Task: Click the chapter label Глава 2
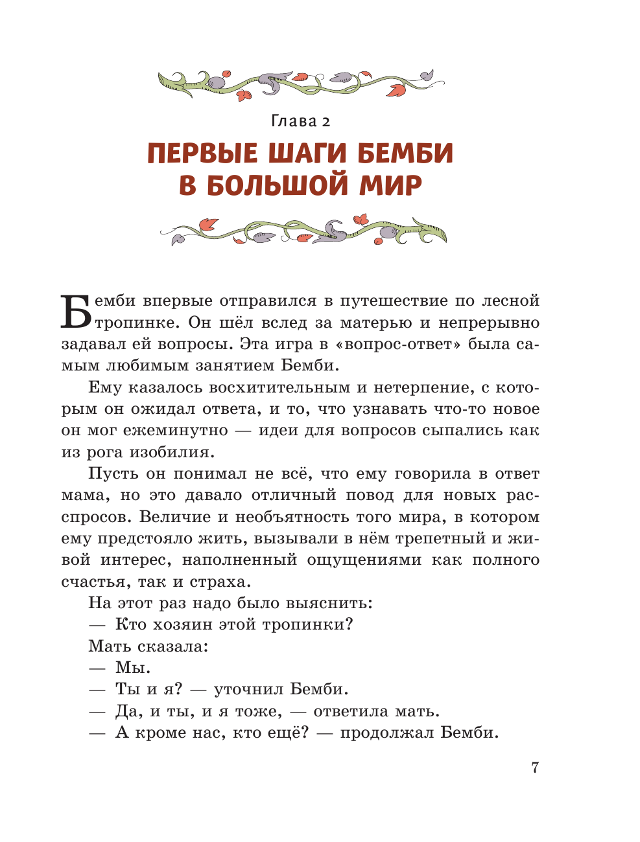tap(300, 121)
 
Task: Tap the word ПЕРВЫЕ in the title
tap(202, 154)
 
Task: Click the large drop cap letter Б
tap(77, 312)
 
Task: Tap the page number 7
tap(534, 768)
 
